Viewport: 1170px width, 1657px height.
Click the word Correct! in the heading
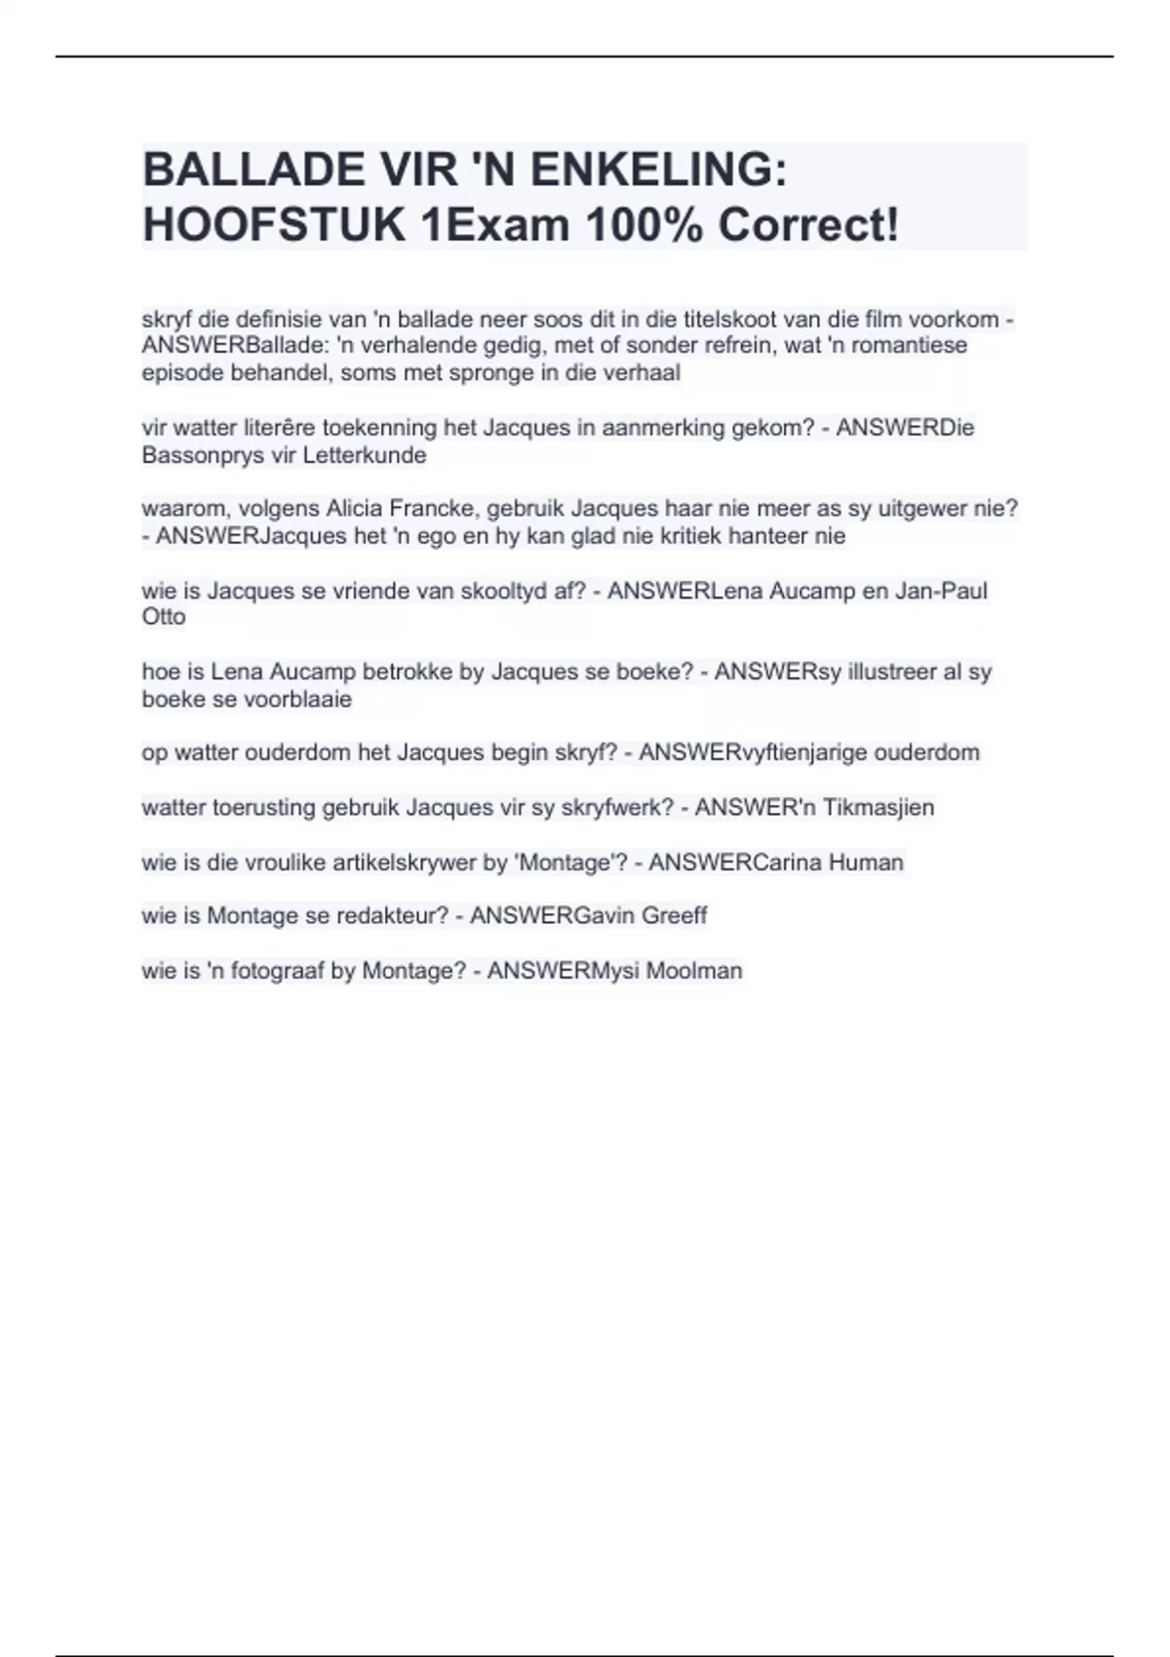[x=808, y=225]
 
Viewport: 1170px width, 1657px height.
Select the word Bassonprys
[x=196, y=455]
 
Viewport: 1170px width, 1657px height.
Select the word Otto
[x=164, y=617]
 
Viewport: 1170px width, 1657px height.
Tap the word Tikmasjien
[x=877, y=807]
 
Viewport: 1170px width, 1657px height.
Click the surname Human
[x=866, y=863]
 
